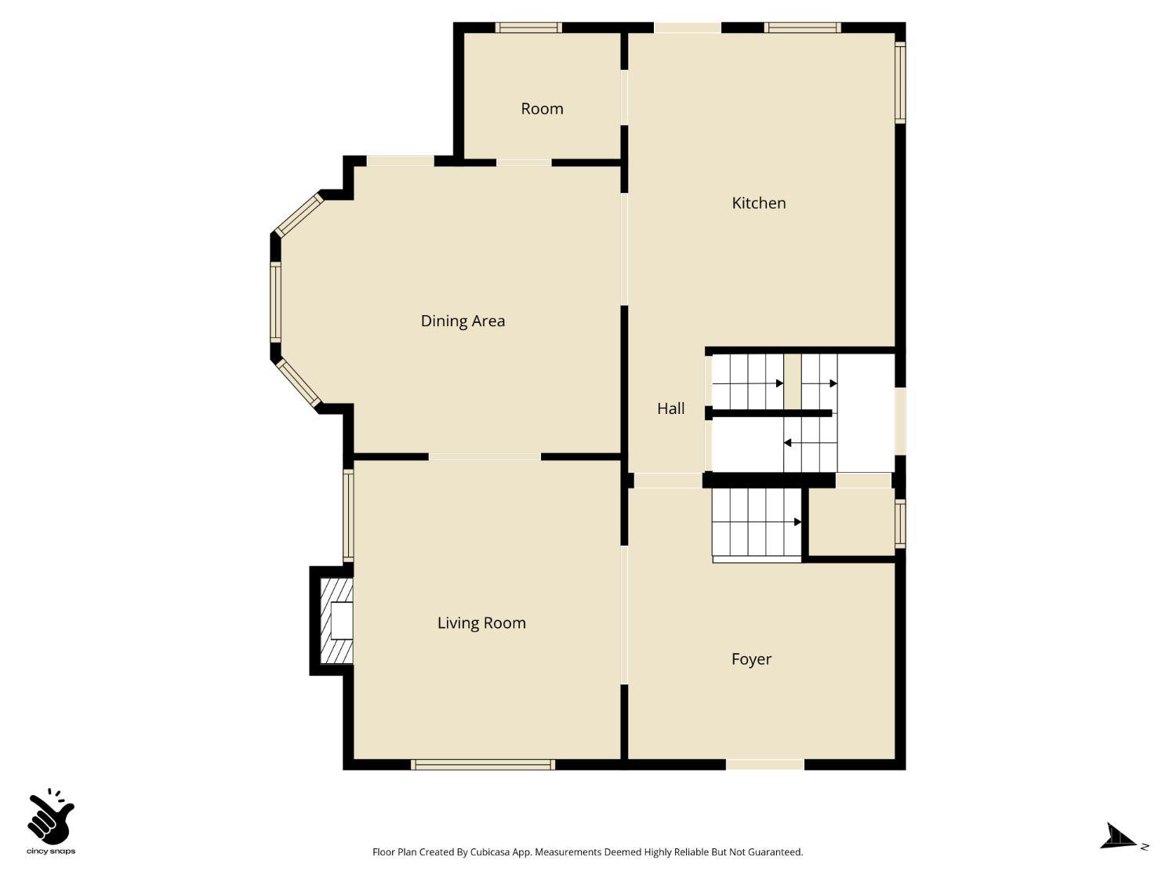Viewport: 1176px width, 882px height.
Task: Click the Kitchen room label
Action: pos(759,203)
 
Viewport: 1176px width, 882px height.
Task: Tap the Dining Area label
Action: pos(463,321)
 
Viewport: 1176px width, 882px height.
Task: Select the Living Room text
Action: pos(481,622)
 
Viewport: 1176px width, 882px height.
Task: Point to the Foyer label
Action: pos(751,659)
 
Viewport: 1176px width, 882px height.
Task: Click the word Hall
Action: pos(671,408)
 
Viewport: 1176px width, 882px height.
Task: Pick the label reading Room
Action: pos(543,109)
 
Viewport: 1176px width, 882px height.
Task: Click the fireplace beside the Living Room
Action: pos(336,621)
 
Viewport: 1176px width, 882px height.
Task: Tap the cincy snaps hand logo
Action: pos(51,816)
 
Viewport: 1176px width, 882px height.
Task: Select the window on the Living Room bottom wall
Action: pos(483,764)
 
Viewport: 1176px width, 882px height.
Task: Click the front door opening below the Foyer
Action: pos(765,764)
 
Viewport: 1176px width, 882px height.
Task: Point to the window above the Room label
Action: pos(528,27)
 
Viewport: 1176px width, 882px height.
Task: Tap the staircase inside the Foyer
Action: pos(757,523)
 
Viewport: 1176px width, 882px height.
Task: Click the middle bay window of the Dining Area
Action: pos(275,302)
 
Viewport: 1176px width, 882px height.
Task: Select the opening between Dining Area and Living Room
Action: pos(485,457)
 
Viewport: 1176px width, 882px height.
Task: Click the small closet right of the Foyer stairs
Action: pos(851,522)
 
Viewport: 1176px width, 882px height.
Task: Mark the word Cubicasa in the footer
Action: pos(490,852)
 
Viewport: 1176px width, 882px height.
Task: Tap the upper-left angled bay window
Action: pos(299,215)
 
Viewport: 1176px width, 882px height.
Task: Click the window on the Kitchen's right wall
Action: pos(901,82)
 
